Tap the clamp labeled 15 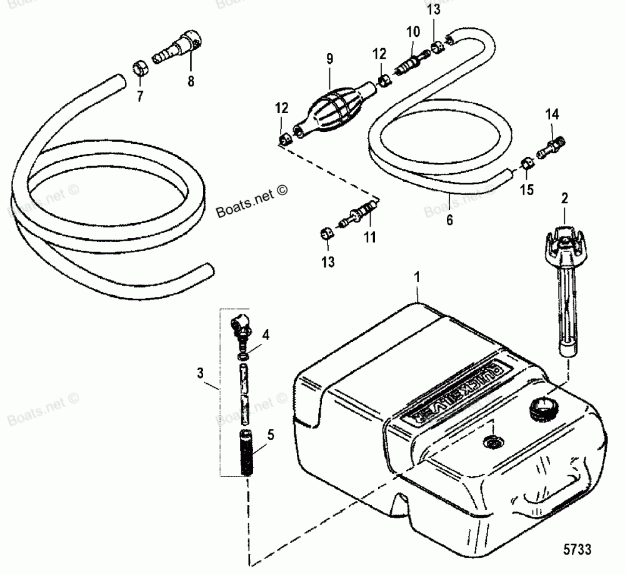[x=527, y=166]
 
